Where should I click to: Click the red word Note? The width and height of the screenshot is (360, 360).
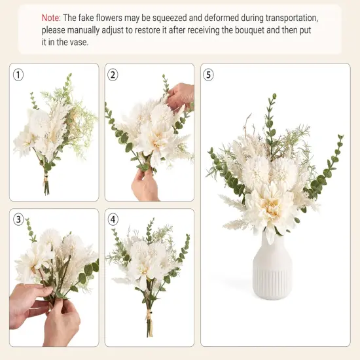click(x=53, y=18)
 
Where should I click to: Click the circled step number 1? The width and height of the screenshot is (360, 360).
click(x=18, y=75)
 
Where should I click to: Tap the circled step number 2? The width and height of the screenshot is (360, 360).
click(x=113, y=75)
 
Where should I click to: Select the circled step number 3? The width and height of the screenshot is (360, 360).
click(x=18, y=220)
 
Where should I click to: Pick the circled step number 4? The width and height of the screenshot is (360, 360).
click(x=113, y=220)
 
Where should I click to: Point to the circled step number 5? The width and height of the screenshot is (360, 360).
click(x=209, y=75)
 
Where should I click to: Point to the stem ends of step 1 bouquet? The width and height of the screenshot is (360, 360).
click(x=46, y=187)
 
